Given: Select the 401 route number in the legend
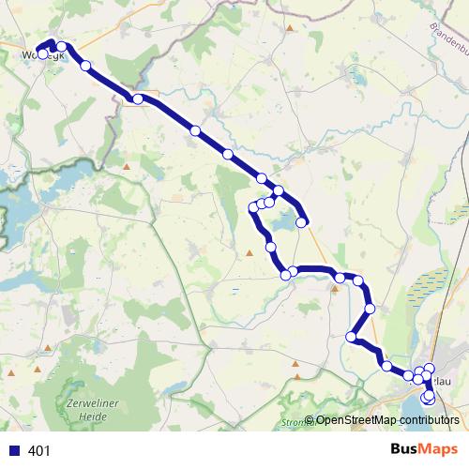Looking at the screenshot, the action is click(39, 451).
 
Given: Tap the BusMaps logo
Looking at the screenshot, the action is click(424, 450).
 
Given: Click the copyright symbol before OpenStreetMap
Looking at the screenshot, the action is click(310, 420).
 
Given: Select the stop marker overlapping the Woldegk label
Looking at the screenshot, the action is click(42, 53).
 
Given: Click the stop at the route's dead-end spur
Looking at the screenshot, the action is click(303, 222).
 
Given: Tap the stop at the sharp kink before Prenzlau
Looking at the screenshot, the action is click(352, 337).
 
